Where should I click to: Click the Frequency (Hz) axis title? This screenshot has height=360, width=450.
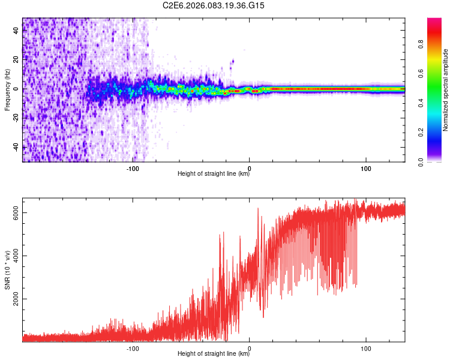(x=7, y=89)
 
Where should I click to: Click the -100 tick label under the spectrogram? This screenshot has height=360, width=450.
(x=133, y=168)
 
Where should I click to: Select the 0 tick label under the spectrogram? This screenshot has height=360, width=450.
(x=250, y=168)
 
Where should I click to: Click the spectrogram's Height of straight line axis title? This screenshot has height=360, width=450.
(x=214, y=175)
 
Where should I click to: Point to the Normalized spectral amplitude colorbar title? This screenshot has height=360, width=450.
(x=446, y=89)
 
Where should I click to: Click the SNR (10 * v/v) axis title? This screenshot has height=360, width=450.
(x=7, y=269)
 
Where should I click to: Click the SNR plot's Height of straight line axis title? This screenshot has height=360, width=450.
(x=214, y=355)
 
